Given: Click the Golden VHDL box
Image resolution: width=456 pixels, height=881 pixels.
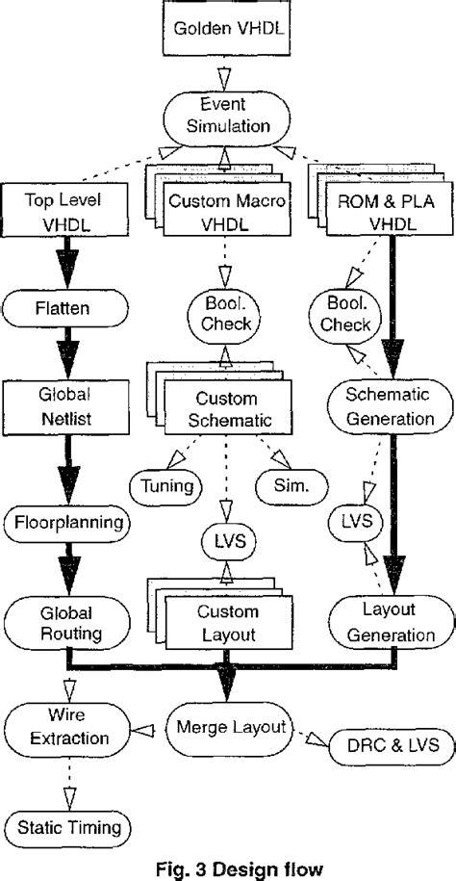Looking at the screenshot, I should tap(228, 29).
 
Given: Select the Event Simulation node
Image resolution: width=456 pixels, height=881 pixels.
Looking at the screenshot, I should tap(227, 117).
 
